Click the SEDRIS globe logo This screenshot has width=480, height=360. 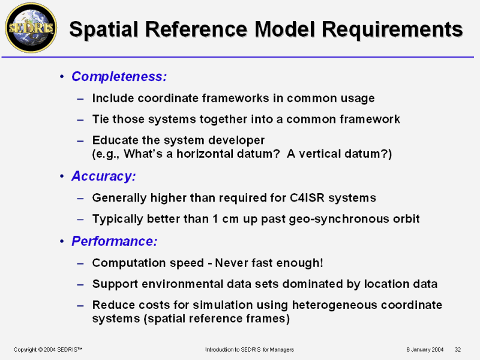coord(31,28)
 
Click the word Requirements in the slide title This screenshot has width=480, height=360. coord(392,29)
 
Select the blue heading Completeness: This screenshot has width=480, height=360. coord(119,77)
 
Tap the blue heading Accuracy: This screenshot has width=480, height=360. coord(103,176)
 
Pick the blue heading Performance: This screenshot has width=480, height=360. coord(115,241)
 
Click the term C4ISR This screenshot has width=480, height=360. coord(307,198)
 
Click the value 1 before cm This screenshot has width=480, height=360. coord(215,219)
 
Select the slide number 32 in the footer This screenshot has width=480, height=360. coord(458,350)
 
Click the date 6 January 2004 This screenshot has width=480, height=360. coord(425,350)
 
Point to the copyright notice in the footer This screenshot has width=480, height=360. coord(48,350)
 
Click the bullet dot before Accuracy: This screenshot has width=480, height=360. coord(62,176)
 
